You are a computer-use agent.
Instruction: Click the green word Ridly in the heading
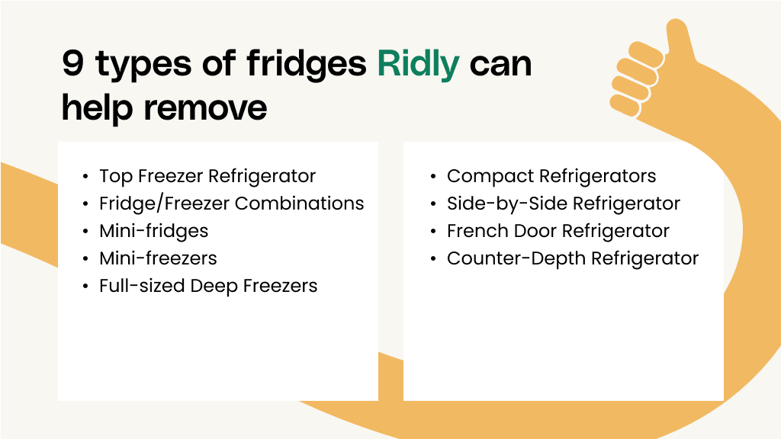point(418,64)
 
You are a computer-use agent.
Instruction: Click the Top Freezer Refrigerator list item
point(207,176)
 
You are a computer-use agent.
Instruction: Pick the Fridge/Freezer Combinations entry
point(232,203)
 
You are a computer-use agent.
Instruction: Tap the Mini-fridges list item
point(153,231)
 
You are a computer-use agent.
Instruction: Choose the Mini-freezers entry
point(158,258)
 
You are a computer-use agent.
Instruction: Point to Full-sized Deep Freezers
point(208,286)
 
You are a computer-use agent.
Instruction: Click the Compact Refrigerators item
point(551,176)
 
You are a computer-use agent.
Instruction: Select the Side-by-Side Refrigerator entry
point(564,203)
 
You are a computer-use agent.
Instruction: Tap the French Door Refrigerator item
point(558,231)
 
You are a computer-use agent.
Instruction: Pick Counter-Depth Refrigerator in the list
point(573,258)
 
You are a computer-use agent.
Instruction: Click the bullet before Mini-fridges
point(85,232)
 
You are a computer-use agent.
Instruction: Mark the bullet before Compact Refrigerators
point(432,177)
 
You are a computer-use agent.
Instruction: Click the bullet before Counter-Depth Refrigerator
point(432,259)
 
